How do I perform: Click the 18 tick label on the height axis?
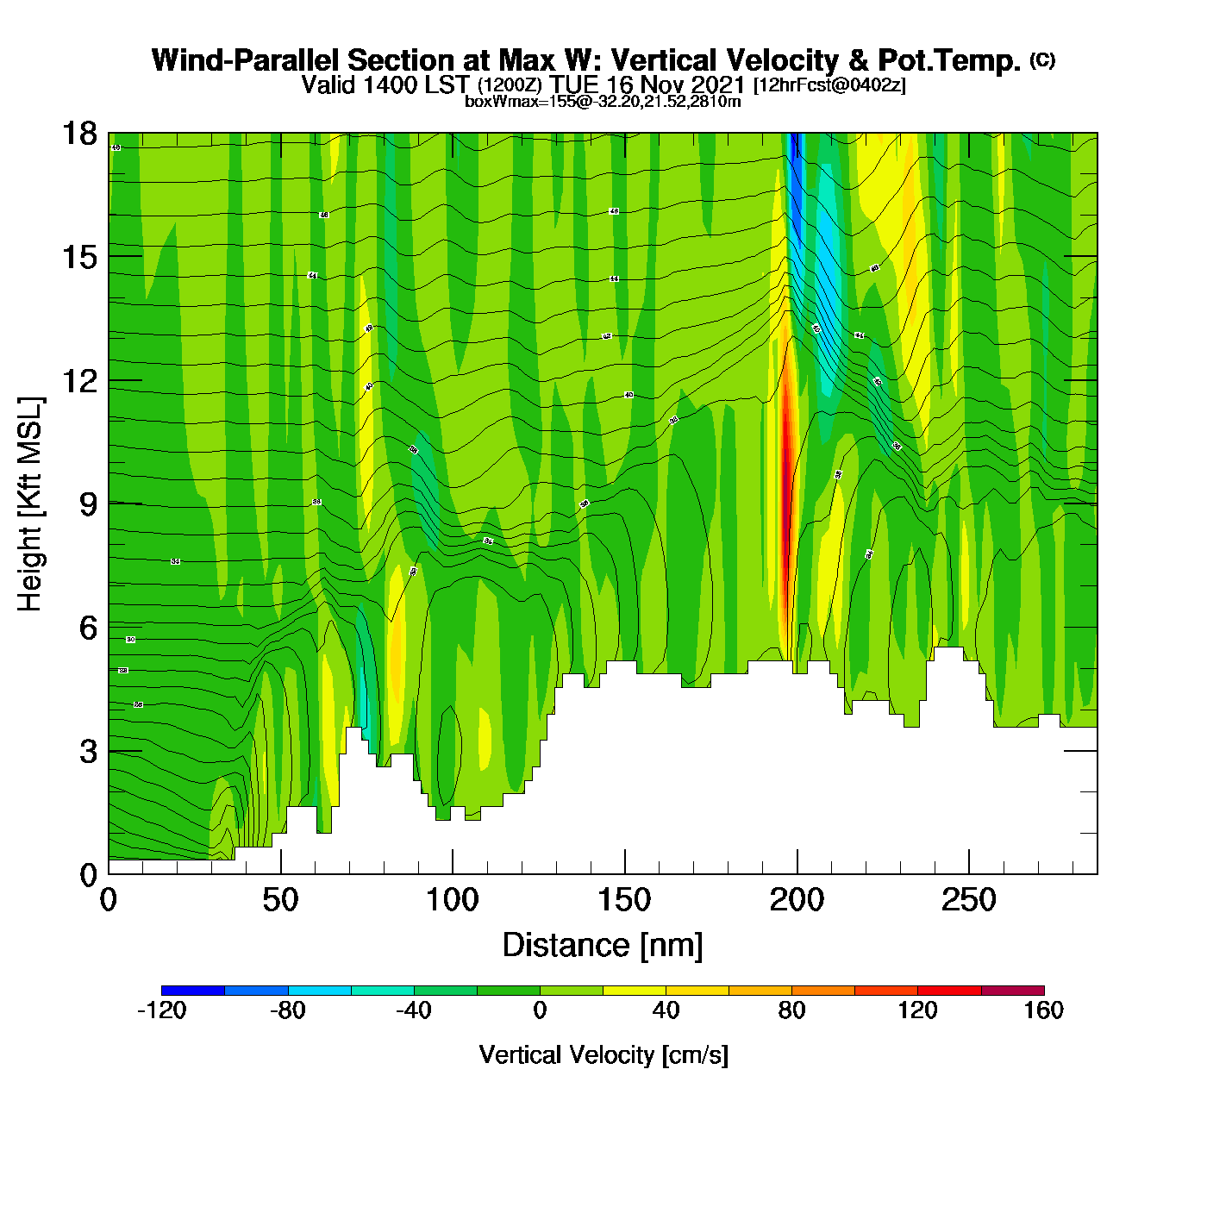(78, 134)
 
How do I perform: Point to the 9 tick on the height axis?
(109, 503)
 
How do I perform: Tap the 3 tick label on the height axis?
(88, 752)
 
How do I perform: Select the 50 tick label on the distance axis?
(280, 901)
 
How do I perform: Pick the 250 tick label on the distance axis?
(969, 901)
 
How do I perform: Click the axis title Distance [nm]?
(603, 945)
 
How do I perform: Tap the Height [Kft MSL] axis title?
(30, 504)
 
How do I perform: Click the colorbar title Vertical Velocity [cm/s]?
(603, 1054)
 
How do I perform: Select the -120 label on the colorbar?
(162, 1010)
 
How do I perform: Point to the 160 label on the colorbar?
(1043, 1010)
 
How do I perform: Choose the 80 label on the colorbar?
(791, 1010)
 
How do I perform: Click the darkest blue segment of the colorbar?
(193, 991)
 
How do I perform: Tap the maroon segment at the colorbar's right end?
(1012, 991)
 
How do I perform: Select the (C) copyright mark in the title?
(1042, 59)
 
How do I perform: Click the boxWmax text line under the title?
(603, 101)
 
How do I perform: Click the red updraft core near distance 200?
(785, 483)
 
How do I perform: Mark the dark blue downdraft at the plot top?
(795, 172)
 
